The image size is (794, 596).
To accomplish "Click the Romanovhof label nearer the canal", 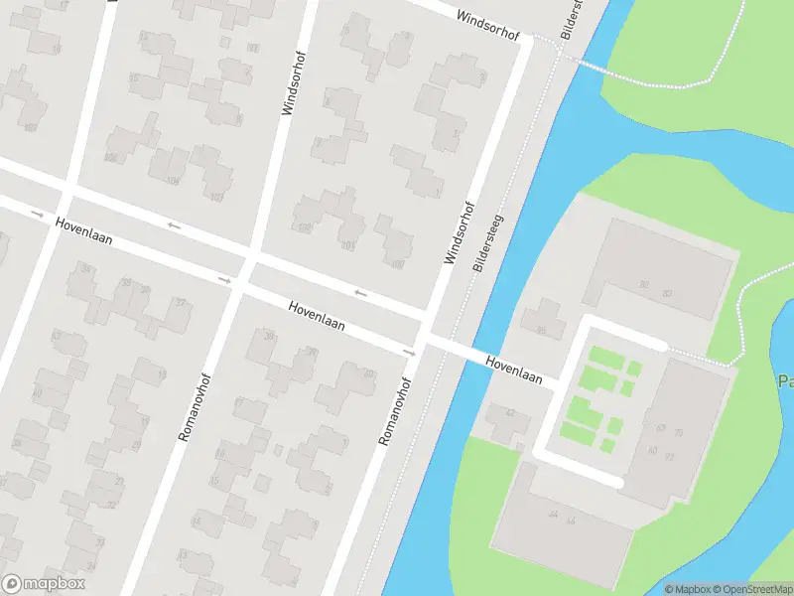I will [394, 410].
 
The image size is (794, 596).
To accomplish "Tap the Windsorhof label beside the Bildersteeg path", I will [460, 234].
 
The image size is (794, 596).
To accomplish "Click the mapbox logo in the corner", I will [44, 584].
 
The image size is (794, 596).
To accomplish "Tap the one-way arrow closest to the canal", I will [409, 353].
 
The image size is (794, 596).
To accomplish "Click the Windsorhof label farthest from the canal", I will [289, 80].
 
